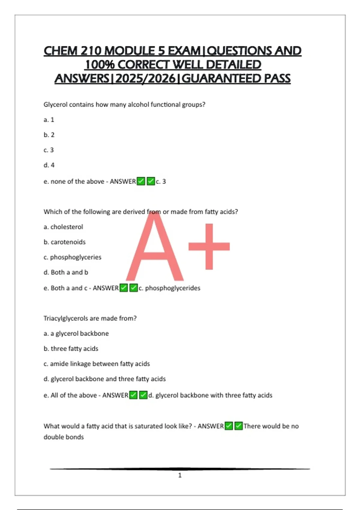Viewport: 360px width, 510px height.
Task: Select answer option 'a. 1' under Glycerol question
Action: (x=49, y=120)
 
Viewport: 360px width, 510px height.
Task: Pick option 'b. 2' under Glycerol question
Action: (x=49, y=135)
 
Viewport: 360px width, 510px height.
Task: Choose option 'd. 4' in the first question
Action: (x=49, y=165)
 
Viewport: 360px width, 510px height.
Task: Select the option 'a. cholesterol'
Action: (x=63, y=227)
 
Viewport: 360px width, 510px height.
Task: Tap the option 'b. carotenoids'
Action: (x=64, y=242)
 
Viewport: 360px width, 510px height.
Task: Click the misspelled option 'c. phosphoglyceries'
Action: (x=72, y=257)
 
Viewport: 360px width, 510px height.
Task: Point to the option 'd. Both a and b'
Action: (x=66, y=272)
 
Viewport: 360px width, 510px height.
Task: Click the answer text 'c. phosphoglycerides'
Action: (x=169, y=288)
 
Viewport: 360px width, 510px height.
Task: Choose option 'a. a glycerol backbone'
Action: (x=76, y=334)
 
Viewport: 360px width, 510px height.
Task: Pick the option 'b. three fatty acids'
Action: (x=71, y=349)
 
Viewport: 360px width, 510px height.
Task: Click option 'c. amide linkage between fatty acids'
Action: (x=97, y=364)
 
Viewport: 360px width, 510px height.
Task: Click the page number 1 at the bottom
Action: (x=180, y=475)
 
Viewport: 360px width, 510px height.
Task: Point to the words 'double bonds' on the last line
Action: (x=64, y=437)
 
